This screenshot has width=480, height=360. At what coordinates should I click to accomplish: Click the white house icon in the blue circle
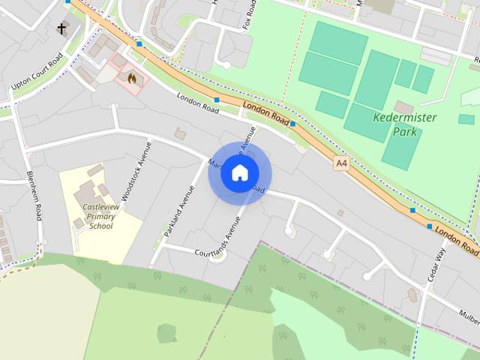point(239,172)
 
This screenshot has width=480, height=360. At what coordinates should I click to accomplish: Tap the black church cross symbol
point(61,29)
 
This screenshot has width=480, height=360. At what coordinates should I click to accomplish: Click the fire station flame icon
point(131,76)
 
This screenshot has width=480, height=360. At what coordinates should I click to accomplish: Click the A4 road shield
point(342,162)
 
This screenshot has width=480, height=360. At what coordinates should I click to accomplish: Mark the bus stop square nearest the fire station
point(139,44)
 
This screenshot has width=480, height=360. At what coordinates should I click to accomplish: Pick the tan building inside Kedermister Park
point(403,107)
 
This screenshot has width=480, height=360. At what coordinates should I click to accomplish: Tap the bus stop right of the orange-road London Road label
point(293,124)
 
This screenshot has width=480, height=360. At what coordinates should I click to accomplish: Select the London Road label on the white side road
point(196,105)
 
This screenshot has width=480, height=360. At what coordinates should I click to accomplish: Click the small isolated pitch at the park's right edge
point(466,118)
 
